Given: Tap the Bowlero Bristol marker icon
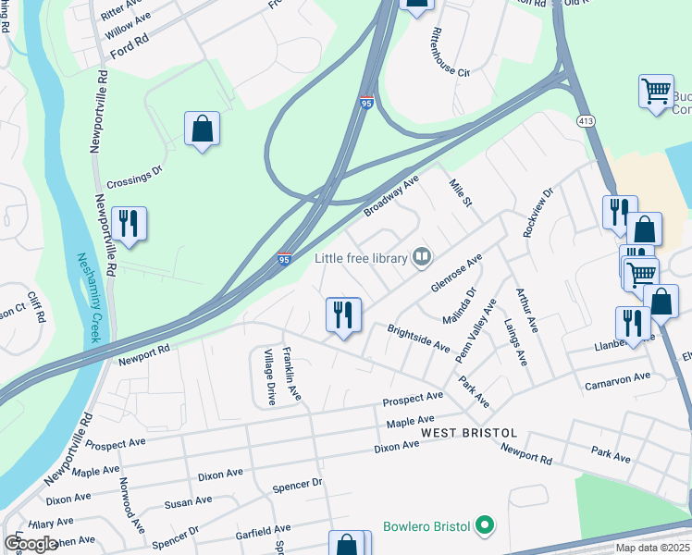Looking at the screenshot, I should coord(484,527).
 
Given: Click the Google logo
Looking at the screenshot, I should coord(31,544).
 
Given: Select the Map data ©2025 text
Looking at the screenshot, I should coord(652,548).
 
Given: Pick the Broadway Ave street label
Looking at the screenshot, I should coord(391,195).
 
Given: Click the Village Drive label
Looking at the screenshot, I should coord(269,377).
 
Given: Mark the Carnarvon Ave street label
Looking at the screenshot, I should coord(617,380).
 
